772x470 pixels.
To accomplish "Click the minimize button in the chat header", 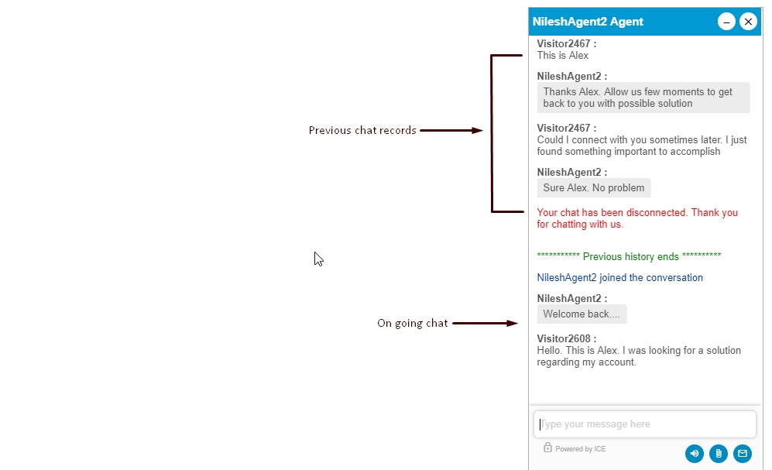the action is coord(726,22).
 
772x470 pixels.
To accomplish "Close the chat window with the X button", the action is coord(748,22).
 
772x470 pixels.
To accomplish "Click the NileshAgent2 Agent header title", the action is coord(588,22).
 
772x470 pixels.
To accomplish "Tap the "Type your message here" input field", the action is coord(644,424).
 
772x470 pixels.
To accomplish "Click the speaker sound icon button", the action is coord(695,453).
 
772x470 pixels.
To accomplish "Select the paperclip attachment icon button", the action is coord(719,453).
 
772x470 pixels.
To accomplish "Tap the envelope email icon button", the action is coord(743,453).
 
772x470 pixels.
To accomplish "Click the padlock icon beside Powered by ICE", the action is coord(547,448).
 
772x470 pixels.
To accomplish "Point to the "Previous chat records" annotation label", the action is coord(362,130).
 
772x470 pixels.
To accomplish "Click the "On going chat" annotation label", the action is coord(413,324).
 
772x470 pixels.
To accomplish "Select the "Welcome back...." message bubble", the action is coord(582,314).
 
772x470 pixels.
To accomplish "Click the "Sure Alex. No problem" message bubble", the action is coord(594,188).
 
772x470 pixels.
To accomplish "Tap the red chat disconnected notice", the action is coord(637,218).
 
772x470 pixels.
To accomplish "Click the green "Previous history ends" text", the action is coord(629,256).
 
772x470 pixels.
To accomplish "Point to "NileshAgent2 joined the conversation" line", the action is coord(620,277).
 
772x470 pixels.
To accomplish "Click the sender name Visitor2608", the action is coord(564,338).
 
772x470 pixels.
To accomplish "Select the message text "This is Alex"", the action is coord(563,56).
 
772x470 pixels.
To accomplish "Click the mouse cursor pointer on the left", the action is coord(318,259).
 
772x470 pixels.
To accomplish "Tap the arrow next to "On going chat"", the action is coord(485,324).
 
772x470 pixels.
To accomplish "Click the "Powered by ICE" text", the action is coord(581,449).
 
